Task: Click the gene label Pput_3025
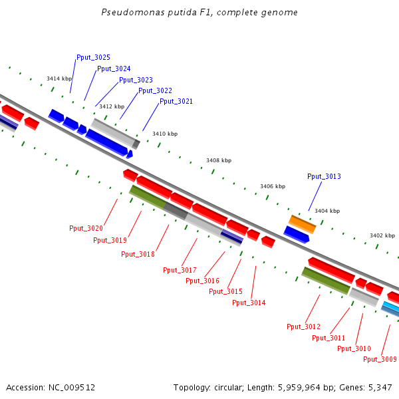coord(93,57)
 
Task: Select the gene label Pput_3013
coord(324,176)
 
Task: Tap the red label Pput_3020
coord(86,228)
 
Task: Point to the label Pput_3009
coord(380,359)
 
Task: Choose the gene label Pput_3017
coord(180,270)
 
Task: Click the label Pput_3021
coord(176,101)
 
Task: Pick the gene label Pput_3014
coord(249,303)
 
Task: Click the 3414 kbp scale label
coord(59,78)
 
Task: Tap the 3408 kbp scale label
coord(218,160)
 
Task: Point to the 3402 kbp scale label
coord(382,235)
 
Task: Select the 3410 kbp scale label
coord(165,134)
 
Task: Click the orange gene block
coord(302,223)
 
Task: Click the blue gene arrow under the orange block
coord(296,233)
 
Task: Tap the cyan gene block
coord(390,307)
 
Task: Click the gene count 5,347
coord(379,387)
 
